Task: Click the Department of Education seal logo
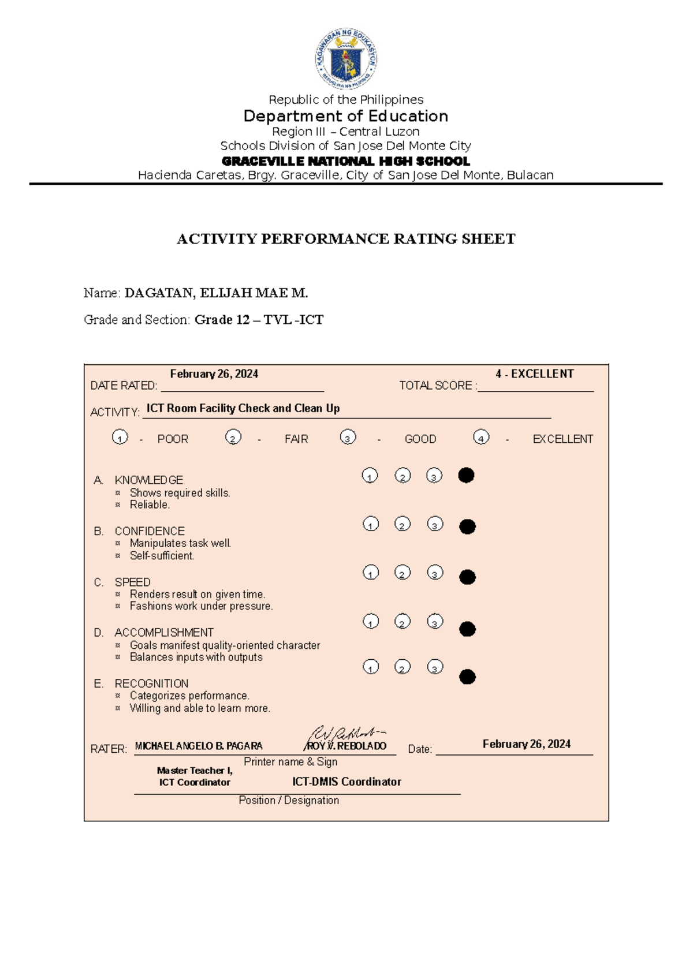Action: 346,59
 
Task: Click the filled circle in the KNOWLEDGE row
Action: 466,475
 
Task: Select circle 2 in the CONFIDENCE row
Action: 403,524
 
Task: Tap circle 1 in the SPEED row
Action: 371,573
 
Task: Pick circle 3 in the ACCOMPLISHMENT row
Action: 435,622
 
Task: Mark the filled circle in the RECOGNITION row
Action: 467,677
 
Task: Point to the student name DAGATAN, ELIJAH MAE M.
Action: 216,293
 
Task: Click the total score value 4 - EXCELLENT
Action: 534,374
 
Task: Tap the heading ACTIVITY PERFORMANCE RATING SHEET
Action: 346,239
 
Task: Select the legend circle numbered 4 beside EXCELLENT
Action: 481,438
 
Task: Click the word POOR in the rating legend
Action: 173,439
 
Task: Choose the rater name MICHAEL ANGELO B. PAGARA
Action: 199,746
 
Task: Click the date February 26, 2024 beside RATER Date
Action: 526,744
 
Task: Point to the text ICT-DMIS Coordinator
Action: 346,782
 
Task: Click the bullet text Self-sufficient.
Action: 162,556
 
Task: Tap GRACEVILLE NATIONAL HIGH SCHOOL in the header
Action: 346,161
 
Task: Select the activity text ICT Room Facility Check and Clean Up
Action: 243,408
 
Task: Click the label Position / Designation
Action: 289,800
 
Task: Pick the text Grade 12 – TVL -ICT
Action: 259,320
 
